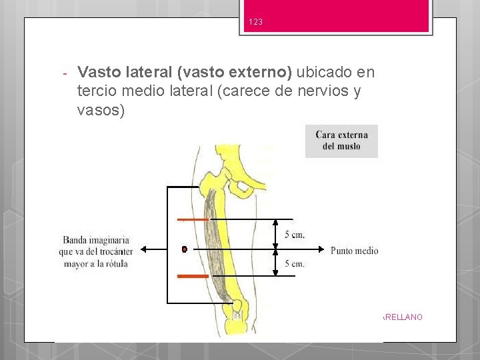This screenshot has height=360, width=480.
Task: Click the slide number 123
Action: (x=256, y=22)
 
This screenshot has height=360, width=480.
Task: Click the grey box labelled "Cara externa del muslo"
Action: (x=341, y=141)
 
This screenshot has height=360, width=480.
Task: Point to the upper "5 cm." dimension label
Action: (x=294, y=235)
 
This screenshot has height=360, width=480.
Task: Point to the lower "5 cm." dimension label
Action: (x=294, y=264)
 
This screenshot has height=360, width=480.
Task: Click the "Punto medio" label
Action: (x=354, y=251)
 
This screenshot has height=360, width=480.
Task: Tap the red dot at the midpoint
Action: (x=184, y=250)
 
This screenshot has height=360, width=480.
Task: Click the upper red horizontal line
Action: (x=193, y=219)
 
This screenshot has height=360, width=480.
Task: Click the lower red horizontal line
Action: (x=193, y=275)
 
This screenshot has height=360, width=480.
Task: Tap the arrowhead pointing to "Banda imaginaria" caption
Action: (x=143, y=250)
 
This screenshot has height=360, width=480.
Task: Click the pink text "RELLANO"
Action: (x=404, y=317)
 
